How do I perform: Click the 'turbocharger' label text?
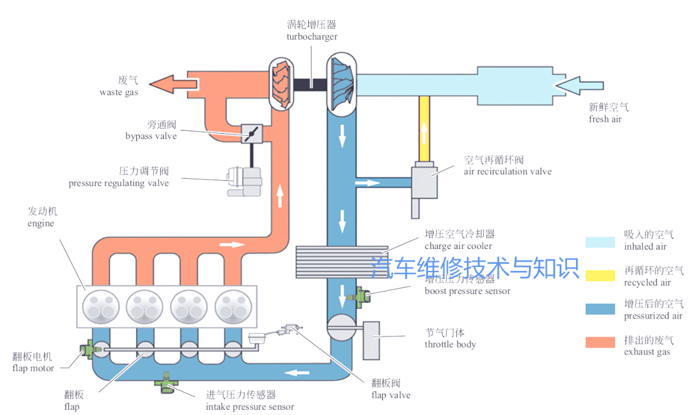[311, 37]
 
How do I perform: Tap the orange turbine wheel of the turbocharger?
[281, 83]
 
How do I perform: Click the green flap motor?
[86, 351]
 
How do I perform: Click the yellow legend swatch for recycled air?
[600, 275]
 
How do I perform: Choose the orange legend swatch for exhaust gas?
[600, 343]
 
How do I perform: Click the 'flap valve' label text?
[391, 394]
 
